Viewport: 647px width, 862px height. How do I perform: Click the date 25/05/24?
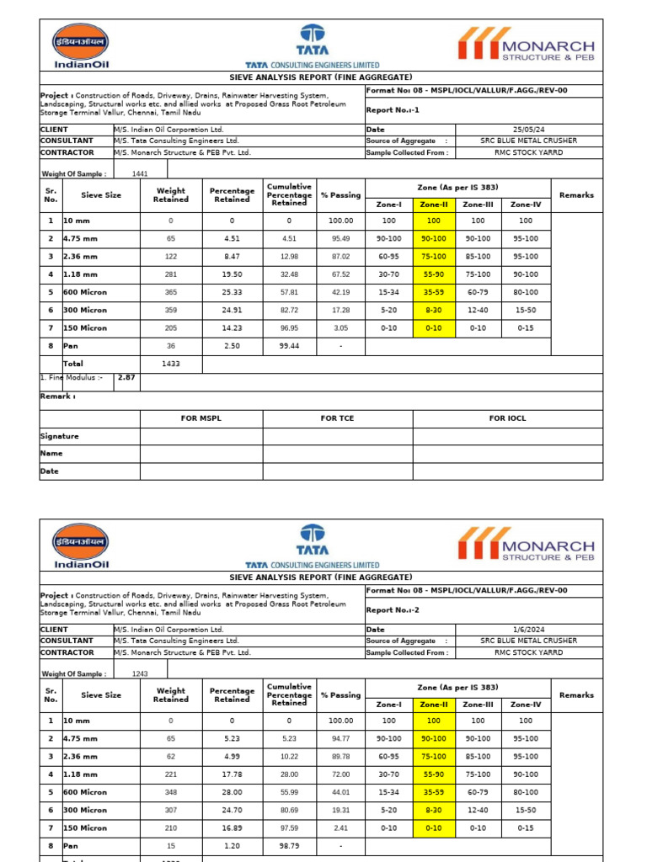529,130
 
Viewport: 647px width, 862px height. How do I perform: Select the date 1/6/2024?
529,630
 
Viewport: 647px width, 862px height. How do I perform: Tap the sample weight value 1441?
140,174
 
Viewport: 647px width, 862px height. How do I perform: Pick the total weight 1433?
171,364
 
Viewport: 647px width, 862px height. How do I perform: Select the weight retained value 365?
171,293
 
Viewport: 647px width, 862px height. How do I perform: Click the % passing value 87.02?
341,256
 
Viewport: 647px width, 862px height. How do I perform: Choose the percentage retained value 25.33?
232,293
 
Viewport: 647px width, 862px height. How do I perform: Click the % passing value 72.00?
341,774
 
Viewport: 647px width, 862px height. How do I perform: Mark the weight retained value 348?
171,792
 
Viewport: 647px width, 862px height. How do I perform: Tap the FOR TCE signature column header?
337,418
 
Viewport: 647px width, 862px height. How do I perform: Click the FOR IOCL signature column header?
508,418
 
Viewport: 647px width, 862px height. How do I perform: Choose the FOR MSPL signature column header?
201,418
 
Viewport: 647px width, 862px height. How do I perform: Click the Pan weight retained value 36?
171,346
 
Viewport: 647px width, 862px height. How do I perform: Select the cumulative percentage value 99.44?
289,346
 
